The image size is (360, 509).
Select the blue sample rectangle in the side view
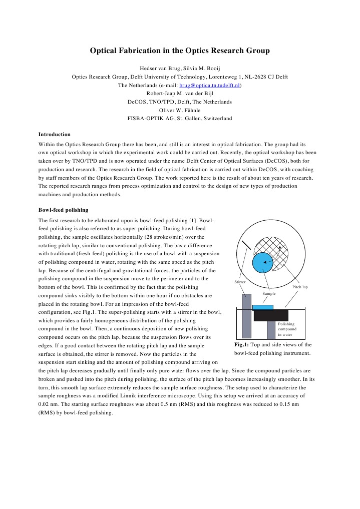pyautogui.click(x=263, y=307)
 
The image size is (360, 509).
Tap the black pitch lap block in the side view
pyautogui.click(x=271, y=315)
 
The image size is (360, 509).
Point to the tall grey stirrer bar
pyautogui.click(x=246, y=315)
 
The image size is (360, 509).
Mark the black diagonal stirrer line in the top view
pyautogui.click(x=245, y=246)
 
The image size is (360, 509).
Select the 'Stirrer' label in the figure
pyautogui.click(x=240, y=282)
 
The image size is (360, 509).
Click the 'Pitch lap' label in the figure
pyautogui.click(x=300, y=287)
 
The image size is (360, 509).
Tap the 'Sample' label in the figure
pyautogui.click(x=269, y=294)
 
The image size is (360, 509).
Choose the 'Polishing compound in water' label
pyautogui.click(x=287, y=329)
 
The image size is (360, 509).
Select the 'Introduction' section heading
pyautogui.click(x=55, y=134)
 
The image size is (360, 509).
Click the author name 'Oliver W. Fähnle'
pyautogui.click(x=180, y=110)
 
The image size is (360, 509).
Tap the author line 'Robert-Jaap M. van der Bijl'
pyautogui.click(x=180, y=93)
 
